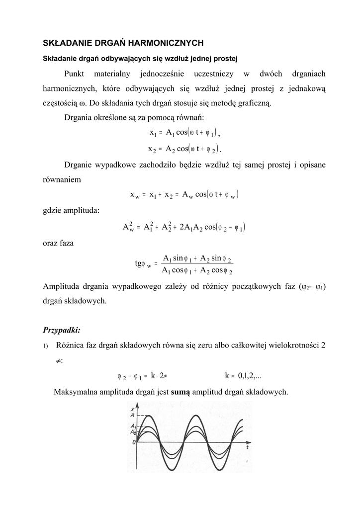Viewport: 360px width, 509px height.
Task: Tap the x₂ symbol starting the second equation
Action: (152, 149)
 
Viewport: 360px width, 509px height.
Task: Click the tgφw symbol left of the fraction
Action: (143, 263)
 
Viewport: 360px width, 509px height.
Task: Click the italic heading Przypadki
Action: (62, 329)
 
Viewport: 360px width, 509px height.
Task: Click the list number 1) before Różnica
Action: (45, 346)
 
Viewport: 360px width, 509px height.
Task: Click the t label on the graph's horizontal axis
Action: (247, 446)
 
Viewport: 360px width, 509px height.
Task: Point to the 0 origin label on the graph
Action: (133, 441)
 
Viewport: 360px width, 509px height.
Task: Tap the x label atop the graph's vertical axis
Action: (132, 408)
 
